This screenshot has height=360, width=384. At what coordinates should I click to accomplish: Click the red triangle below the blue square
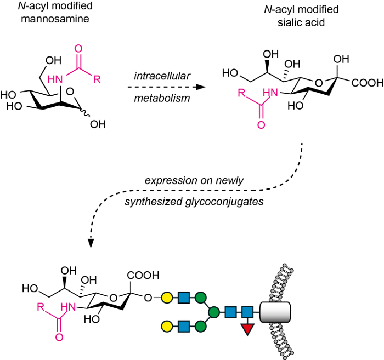tap(247, 329)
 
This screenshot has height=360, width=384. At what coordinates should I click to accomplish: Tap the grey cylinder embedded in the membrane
tap(275, 312)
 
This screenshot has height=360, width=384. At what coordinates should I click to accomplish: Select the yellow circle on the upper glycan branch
tap(167, 298)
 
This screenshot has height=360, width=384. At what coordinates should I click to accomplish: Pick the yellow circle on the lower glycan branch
tap(167, 327)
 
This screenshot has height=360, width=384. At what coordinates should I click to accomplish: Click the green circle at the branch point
tap(214, 312)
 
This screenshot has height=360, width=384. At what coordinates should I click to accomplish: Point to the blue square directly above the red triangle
tap(247, 312)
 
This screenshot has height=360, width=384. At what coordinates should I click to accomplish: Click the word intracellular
tap(162, 76)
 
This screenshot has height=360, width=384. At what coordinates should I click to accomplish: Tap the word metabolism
tap(162, 98)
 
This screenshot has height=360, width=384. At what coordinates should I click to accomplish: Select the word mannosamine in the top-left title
tap(55, 19)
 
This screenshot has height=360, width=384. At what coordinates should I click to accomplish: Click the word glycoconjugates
tap(224, 202)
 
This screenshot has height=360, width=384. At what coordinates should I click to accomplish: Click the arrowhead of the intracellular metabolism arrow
tap(201, 87)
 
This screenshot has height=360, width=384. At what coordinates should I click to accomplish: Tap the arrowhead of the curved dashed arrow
tap(91, 244)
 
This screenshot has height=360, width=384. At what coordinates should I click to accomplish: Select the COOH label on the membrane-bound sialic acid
tap(143, 276)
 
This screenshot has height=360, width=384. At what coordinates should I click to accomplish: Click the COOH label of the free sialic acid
tap(368, 83)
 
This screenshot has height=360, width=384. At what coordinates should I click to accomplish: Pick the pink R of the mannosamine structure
tap(97, 79)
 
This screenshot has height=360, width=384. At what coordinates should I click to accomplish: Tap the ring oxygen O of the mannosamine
tap(70, 92)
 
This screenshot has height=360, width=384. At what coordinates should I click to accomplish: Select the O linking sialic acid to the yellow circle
tap(148, 298)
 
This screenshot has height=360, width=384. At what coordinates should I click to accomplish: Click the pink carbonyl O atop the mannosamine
tap(78, 48)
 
